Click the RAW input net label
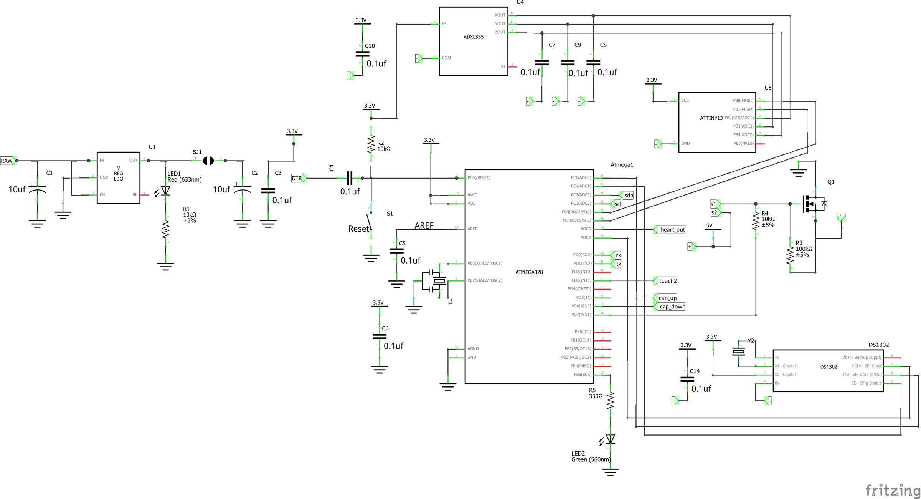(7, 161)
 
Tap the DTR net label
(297, 178)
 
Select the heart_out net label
(672, 230)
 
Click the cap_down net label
(672, 307)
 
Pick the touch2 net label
(667, 281)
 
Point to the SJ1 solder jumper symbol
(208, 161)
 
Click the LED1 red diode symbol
(165, 191)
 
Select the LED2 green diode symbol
(610, 439)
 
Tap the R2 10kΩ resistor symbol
(371, 144)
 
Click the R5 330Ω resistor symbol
(610, 400)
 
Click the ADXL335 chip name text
(473, 37)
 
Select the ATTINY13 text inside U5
(711, 118)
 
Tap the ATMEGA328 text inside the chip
(529, 272)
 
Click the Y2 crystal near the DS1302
(739, 351)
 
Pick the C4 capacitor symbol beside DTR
(349, 178)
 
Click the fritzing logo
(892, 490)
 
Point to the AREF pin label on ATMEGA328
(472, 229)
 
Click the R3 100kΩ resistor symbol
(790, 255)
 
